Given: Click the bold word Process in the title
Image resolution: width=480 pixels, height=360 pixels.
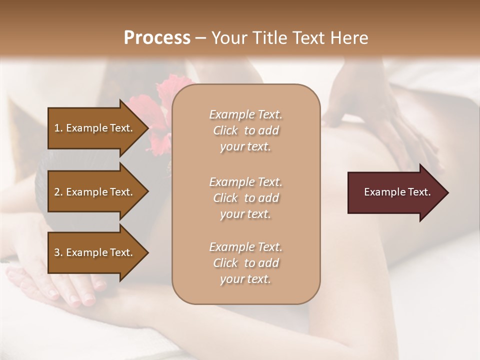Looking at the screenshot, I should pyautogui.click(x=157, y=38).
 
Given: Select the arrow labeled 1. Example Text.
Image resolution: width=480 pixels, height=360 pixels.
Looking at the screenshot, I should pyautogui.click(x=95, y=128).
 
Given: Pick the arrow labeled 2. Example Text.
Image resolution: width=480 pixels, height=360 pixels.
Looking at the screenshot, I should pyautogui.click(x=95, y=192).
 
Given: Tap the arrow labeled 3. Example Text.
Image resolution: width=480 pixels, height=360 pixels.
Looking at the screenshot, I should pyautogui.click(x=95, y=252).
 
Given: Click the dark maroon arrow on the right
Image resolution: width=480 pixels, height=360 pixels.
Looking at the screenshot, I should pyautogui.click(x=395, y=192).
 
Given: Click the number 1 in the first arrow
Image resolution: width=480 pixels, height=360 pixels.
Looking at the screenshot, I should pyautogui.click(x=57, y=128).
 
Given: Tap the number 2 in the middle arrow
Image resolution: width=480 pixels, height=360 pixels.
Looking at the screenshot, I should pyautogui.click(x=57, y=192).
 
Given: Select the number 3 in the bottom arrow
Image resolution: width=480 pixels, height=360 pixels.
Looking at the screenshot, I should pyautogui.click(x=57, y=252).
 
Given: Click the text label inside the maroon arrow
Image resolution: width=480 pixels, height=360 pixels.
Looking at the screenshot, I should pyautogui.click(x=397, y=192).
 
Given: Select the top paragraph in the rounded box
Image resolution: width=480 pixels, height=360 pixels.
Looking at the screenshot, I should pyautogui.click(x=245, y=130).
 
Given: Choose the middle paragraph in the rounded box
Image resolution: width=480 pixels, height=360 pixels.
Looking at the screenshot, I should pyautogui.click(x=245, y=198).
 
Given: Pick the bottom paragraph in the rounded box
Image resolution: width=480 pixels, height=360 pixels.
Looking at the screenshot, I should pyautogui.click(x=245, y=263).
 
